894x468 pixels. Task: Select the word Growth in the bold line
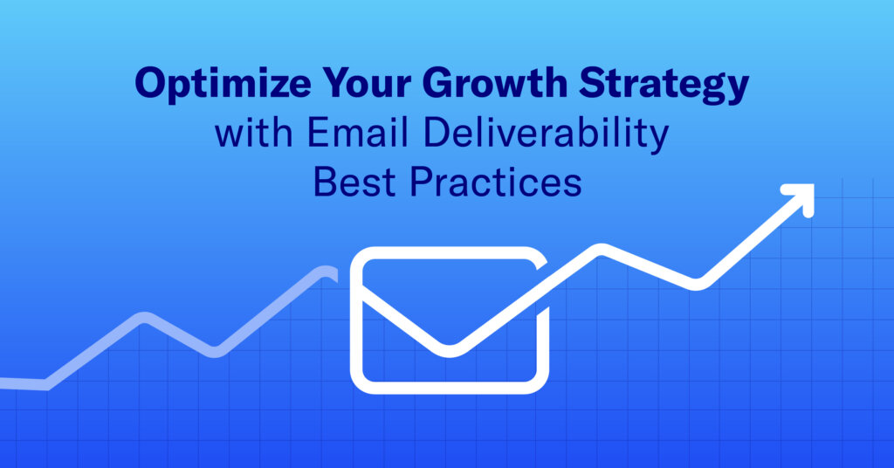pyautogui.click(x=495, y=82)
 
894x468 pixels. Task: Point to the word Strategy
pyautogui.click(x=664, y=86)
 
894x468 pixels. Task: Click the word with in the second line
pyautogui.click(x=254, y=133)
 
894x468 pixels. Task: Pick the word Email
pyautogui.click(x=357, y=133)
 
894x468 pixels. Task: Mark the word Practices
pyautogui.click(x=496, y=182)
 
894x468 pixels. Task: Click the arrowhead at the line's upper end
pyautogui.click(x=804, y=195)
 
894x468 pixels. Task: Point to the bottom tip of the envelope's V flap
pyautogui.click(x=450, y=351)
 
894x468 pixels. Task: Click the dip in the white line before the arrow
pyautogui.click(x=696, y=285)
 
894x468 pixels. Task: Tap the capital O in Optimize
pyautogui.click(x=152, y=83)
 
